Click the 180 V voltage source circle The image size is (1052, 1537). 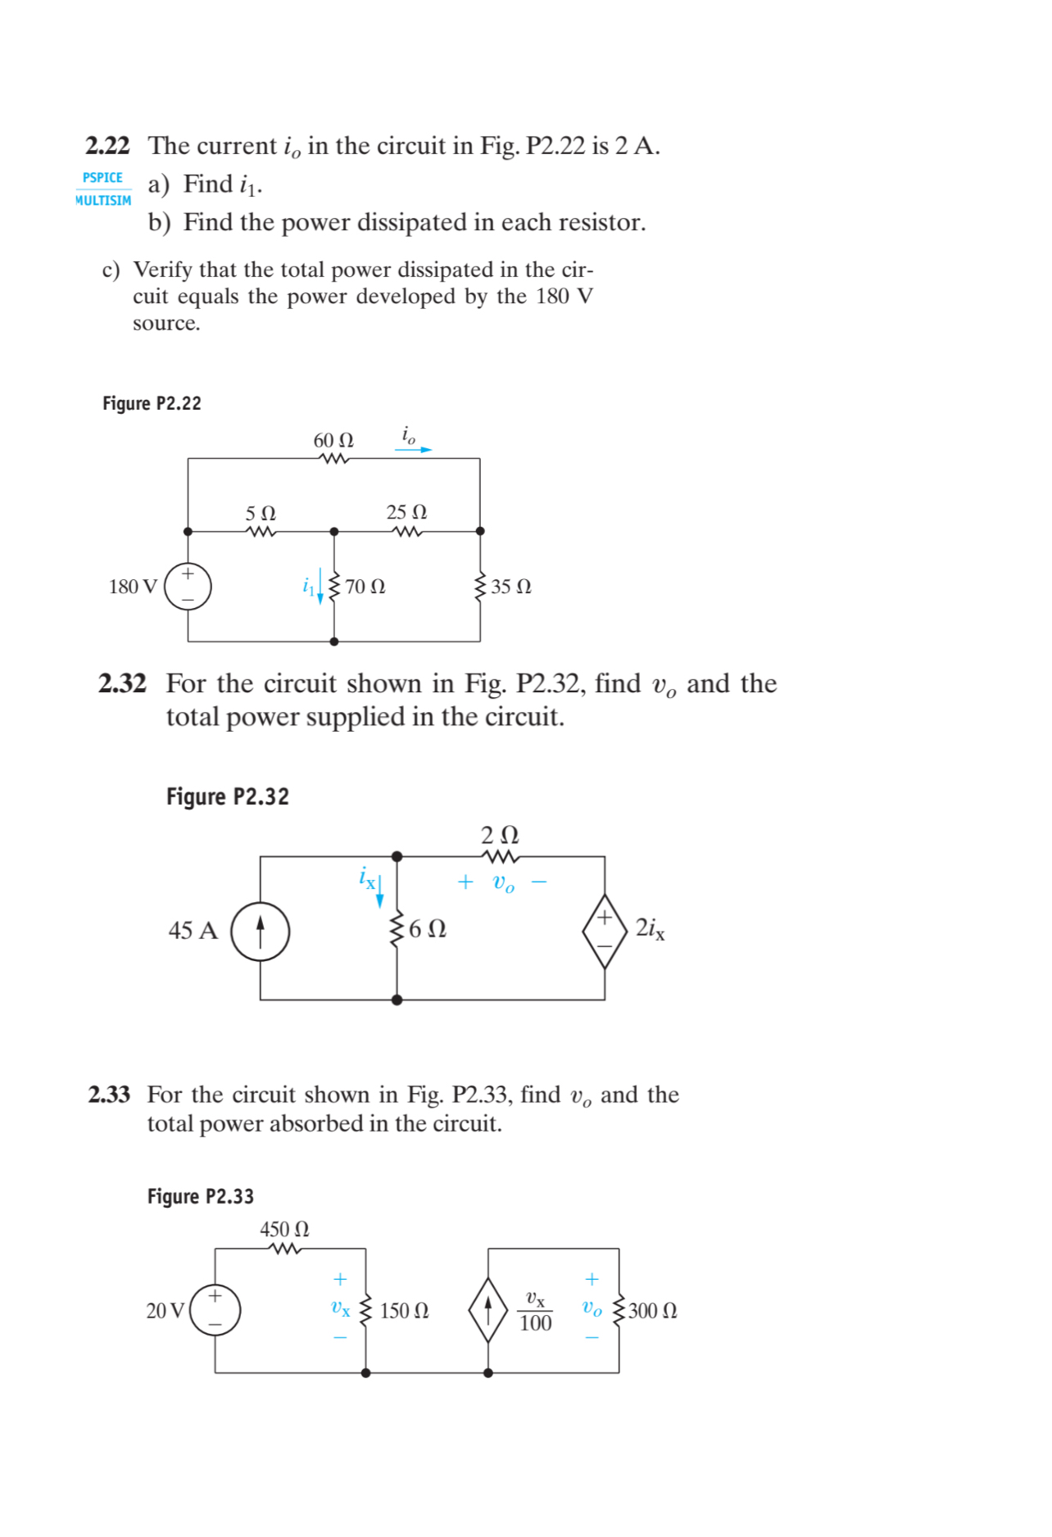[188, 587]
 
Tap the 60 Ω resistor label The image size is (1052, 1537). [333, 441]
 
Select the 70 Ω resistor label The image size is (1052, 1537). [365, 587]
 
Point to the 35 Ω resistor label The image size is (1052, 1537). [511, 587]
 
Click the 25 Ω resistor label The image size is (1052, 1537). [406, 513]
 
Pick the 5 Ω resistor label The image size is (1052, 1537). [261, 514]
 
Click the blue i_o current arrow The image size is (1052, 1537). [413, 450]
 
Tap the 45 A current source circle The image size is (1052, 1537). [261, 931]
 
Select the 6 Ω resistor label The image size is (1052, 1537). [427, 929]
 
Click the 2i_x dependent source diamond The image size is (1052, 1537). [605, 931]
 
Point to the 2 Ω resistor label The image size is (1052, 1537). [500, 835]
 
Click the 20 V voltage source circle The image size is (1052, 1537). [215, 1310]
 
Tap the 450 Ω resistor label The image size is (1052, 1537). [284, 1230]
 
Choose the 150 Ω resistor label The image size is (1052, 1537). [404, 1311]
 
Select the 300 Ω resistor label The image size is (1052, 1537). [653, 1311]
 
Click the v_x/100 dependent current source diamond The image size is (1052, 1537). [488, 1310]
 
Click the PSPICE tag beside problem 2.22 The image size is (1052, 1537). [102, 178]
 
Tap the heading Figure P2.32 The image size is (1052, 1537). [228, 797]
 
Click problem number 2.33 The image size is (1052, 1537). [109, 1095]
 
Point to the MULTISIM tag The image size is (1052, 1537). [103, 201]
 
